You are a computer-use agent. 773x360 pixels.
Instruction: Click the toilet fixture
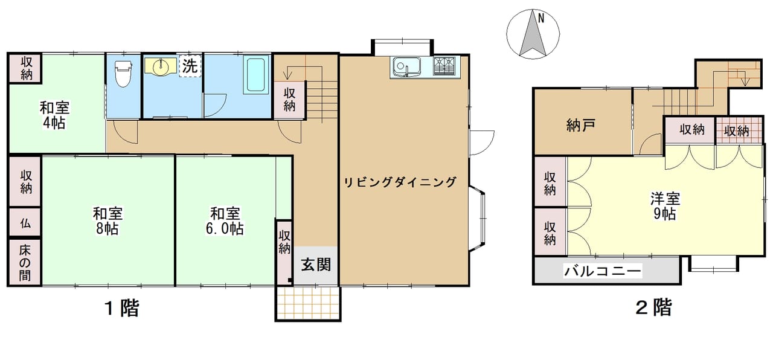[x=123, y=74]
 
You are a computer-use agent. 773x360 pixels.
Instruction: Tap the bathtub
[x=255, y=74]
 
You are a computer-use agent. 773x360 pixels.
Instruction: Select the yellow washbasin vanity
[x=161, y=66]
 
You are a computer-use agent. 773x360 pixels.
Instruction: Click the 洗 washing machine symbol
[x=190, y=66]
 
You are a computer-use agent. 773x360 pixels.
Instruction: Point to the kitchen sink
[x=407, y=67]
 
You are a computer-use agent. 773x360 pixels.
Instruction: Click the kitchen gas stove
[x=444, y=66]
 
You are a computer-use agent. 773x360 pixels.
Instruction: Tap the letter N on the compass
[x=540, y=18]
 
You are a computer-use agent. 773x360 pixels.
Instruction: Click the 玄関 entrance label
[x=316, y=265]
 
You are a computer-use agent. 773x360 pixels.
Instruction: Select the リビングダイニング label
[x=400, y=182]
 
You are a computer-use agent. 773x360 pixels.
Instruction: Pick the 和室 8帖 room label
[x=107, y=221]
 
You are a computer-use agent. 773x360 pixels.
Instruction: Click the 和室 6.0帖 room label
[x=225, y=221]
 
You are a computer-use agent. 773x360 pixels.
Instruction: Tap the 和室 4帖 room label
[x=54, y=115]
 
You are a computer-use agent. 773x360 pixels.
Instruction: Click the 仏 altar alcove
[x=25, y=223]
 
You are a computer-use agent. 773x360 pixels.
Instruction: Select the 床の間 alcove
[x=25, y=262]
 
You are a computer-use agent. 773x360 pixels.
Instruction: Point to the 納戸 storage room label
[x=581, y=125]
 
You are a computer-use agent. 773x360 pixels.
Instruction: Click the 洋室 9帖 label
[x=665, y=207]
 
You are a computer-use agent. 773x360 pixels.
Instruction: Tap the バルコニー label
[x=603, y=271]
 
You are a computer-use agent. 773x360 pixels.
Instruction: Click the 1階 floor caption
[x=122, y=308]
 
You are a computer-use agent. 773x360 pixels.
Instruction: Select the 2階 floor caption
[x=654, y=307]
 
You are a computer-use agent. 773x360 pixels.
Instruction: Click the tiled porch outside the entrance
[x=308, y=303]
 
